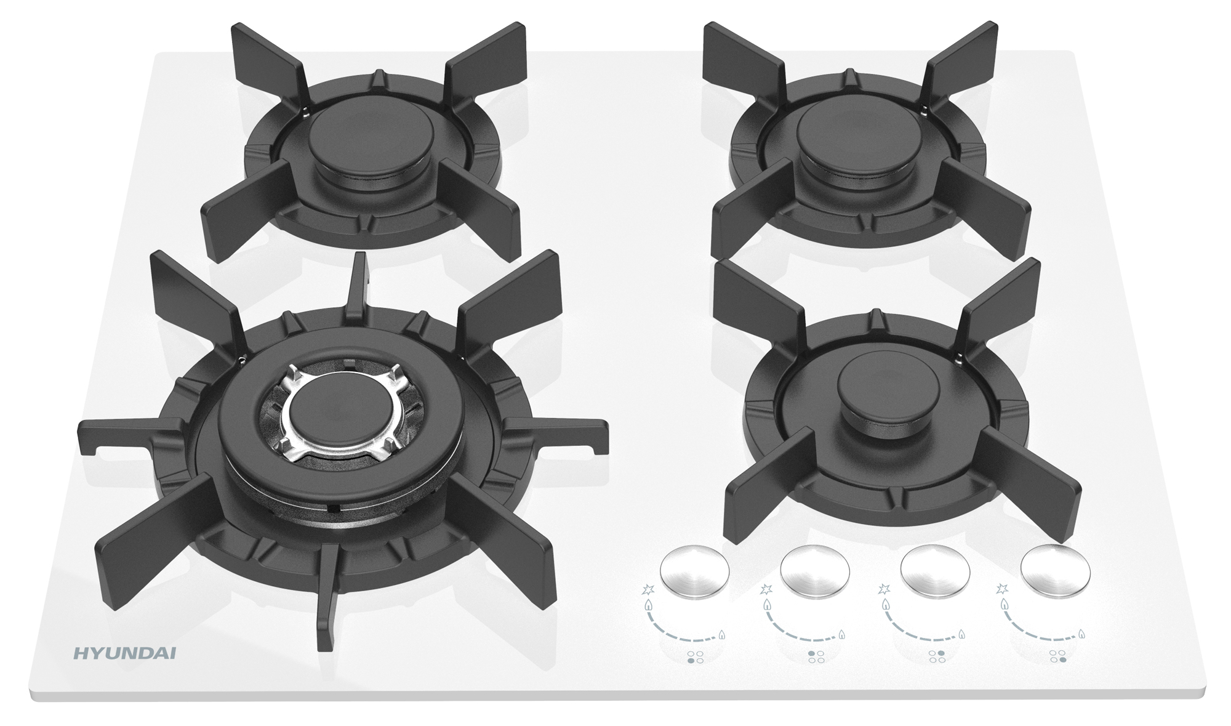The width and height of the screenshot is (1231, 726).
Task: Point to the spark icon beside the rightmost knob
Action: (x=1002, y=589)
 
